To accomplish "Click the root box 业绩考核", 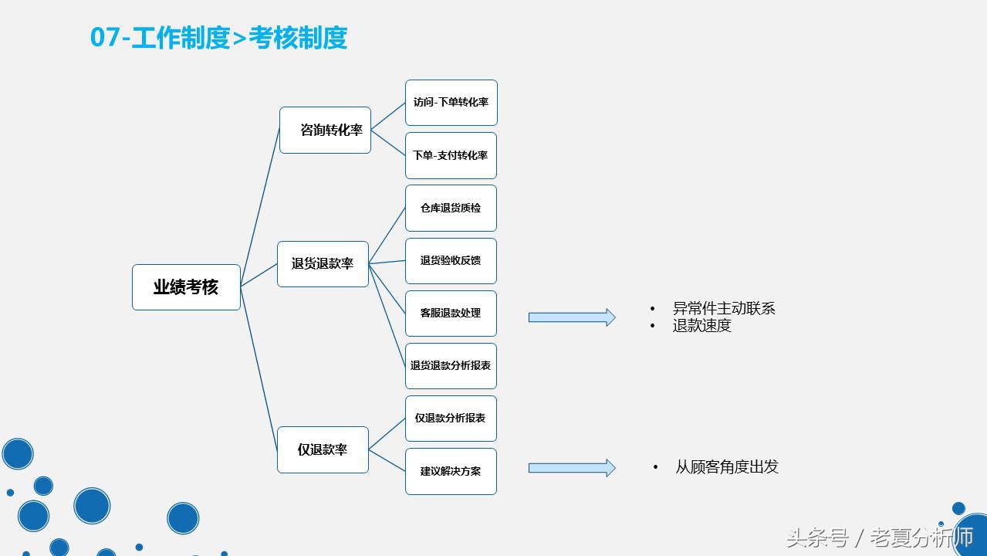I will tap(186, 287).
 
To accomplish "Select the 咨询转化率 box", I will tap(325, 130).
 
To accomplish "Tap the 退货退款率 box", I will tap(323, 264).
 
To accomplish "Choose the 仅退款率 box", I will tap(323, 449).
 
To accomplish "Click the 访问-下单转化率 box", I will tap(451, 102).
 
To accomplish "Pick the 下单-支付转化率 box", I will tap(451, 155).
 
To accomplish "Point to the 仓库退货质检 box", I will tap(451, 208).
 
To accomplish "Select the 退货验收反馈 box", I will tap(451, 260).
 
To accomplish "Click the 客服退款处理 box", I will tap(451, 313).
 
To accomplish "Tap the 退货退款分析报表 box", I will tap(451, 365).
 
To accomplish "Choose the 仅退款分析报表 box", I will tap(451, 418).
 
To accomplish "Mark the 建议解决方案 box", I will tap(451, 470).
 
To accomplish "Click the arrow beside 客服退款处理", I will tap(571, 317).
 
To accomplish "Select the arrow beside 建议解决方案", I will tap(571, 468).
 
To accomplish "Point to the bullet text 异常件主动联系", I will tap(724, 309).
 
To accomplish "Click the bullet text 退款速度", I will tap(701, 326).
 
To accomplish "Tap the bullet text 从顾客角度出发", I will tap(727, 467).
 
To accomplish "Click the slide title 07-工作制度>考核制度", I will tap(219, 37).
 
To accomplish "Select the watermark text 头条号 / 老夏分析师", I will tap(880, 537).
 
